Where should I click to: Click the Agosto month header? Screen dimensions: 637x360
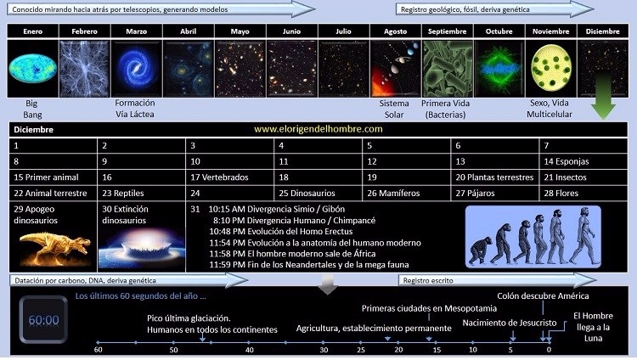395,31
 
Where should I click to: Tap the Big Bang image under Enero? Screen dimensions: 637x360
32,68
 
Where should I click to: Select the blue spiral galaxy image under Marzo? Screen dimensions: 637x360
137,68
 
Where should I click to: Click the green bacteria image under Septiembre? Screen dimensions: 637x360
448,68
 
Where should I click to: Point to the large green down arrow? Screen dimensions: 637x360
603,96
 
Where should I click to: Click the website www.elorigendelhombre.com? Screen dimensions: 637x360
318,129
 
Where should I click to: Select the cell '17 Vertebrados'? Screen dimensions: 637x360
229,177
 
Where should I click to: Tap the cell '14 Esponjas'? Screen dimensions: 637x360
583,161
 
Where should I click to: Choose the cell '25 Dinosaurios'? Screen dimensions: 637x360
318,193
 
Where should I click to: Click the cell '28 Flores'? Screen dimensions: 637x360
583,193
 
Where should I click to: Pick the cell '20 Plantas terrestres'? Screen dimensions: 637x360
495,177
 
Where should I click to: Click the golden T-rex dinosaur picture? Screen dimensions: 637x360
55,247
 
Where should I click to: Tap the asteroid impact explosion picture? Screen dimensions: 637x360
141,249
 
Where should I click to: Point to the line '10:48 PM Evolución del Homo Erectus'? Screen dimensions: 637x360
281,232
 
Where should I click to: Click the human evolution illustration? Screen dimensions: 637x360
533,237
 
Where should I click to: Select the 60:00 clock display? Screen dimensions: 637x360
43,320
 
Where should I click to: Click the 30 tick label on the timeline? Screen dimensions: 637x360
324,350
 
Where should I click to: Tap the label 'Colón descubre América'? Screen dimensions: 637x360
543,295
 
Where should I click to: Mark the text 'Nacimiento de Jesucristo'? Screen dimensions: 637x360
510,323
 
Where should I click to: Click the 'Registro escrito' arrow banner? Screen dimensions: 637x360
497,280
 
